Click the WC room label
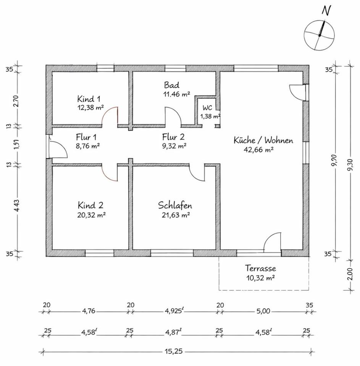(207, 108)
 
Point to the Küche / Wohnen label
(263, 140)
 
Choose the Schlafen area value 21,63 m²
(175, 215)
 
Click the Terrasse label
(261, 268)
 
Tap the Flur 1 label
(86, 136)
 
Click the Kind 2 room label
(90, 205)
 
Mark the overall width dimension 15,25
(174, 351)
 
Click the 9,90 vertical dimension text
(335, 162)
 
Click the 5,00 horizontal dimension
(263, 311)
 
